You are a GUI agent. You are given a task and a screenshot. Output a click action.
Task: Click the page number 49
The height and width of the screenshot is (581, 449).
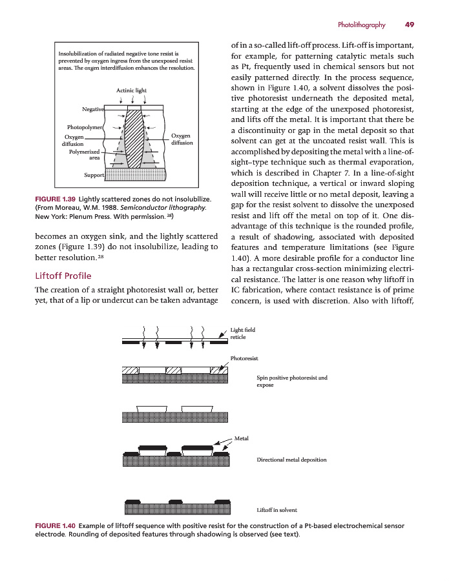pyautogui.click(x=409, y=25)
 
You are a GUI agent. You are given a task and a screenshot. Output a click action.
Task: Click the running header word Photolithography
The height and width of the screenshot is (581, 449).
pyautogui.click(x=361, y=25)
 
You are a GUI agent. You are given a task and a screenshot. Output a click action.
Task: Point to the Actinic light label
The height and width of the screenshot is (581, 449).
pyautogui.click(x=131, y=90)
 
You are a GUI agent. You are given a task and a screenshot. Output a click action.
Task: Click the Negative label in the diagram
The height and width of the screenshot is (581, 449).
pyautogui.click(x=93, y=108)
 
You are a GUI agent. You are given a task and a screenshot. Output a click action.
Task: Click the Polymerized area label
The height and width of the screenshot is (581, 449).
pyautogui.click(x=85, y=154)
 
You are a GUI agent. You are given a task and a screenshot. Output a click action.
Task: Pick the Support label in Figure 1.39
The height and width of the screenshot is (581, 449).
pyautogui.click(x=94, y=175)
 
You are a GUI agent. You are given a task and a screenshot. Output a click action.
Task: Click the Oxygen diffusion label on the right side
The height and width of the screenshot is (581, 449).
pyautogui.click(x=182, y=139)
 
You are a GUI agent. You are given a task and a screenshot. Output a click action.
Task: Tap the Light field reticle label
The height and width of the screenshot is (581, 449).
pyautogui.click(x=242, y=334)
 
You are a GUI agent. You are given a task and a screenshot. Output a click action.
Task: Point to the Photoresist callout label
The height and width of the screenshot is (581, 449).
pyautogui.click(x=244, y=358)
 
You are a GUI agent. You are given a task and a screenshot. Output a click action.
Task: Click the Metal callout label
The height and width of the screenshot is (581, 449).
pyautogui.click(x=242, y=438)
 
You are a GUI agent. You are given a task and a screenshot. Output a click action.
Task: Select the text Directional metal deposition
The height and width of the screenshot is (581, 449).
pyautogui.click(x=291, y=460)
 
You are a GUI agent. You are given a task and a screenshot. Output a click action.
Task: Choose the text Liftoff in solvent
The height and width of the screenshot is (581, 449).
pyautogui.click(x=277, y=510)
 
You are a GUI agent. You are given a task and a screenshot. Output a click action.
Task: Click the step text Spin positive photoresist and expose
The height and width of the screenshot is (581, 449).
pyautogui.click(x=291, y=381)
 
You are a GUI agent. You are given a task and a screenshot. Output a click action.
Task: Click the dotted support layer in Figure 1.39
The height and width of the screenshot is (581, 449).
pyautogui.click(x=135, y=174)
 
